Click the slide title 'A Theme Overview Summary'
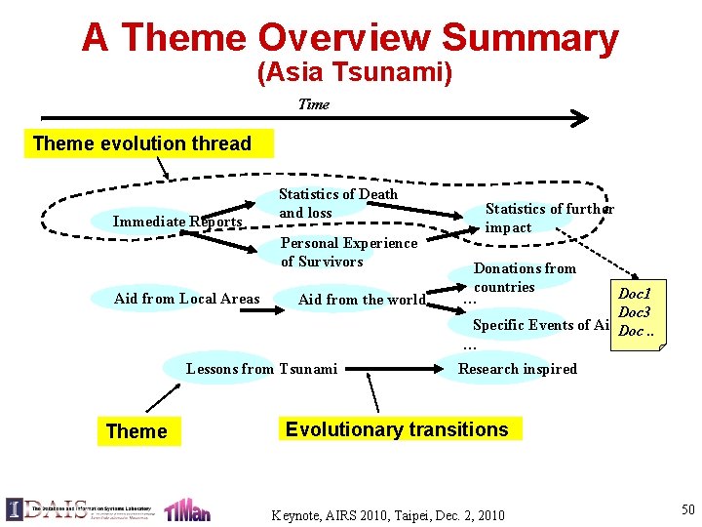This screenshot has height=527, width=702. [x=350, y=38]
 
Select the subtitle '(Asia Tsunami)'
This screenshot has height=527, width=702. [x=354, y=73]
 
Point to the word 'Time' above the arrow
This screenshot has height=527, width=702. [x=313, y=104]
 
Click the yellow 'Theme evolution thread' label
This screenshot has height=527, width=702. [x=142, y=143]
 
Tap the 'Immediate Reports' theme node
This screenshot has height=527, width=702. [x=176, y=222]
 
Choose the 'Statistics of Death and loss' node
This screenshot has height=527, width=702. [x=337, y=203]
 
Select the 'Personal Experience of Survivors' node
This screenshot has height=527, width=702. [x=348, y=252]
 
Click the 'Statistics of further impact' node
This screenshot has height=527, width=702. [x=549, y=218]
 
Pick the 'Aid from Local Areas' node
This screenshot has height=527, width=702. [x=186, y=299]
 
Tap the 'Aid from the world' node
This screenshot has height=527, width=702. [x=361, y=300]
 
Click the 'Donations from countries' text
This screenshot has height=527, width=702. [x=525, y=277]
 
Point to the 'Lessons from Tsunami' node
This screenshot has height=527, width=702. [x=261, y=368]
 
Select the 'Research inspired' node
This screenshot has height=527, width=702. [x=517, y=368]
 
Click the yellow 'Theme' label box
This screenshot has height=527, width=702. [x=136, y=431]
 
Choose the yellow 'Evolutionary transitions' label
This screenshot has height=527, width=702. [x=397, y=429]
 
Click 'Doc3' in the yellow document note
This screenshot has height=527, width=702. [x=634, y=312]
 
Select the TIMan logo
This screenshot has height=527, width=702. [x=186, y=509]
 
